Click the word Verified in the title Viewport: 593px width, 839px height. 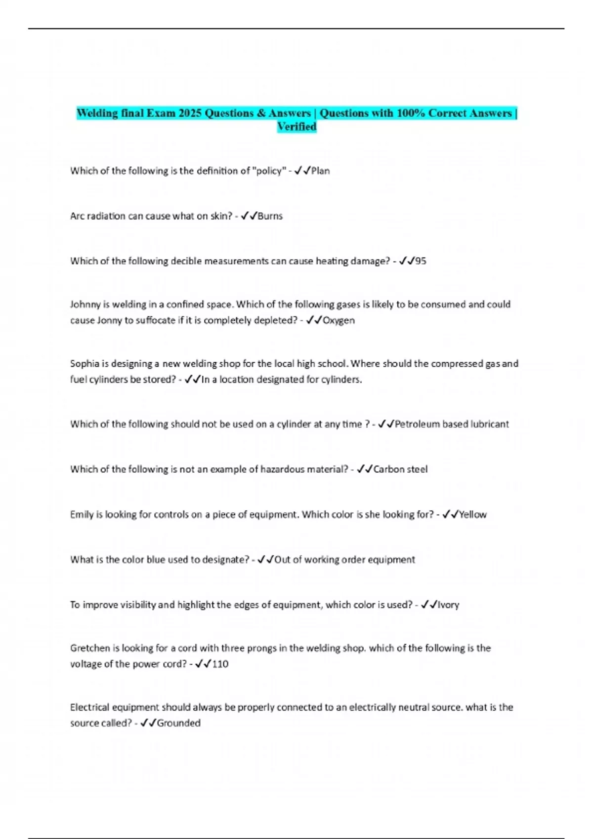pyautogui.click(x=296, y=127)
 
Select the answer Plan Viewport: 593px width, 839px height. pyautogui.click(x=320, y=171)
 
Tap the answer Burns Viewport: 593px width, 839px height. pyautogui.click(x=270, y=216)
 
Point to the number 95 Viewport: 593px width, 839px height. pyautogui.click(x=421, y=261)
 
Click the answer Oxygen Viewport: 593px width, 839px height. pyautogui.click(x=339, y=320)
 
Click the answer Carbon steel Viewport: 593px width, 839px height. pyautogui.click(x=400, y=469)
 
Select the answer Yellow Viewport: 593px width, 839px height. pyautogui.click(x=473, y=515)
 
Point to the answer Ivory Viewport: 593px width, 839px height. pyautogui.click(x=448, y=605)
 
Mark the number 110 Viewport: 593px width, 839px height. pyautogui.click(x=220, y=664)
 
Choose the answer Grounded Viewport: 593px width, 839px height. pyautogui.click(x=178, y=724)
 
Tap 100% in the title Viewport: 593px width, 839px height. pyautogui.click(x=411, y=114)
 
